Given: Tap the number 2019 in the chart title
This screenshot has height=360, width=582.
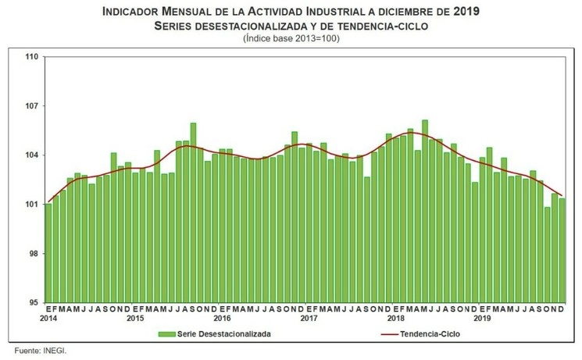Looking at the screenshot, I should point(465,12).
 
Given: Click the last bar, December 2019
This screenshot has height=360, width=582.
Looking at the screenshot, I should point(562,250).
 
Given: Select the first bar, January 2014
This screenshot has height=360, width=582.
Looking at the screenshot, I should point(48,253).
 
